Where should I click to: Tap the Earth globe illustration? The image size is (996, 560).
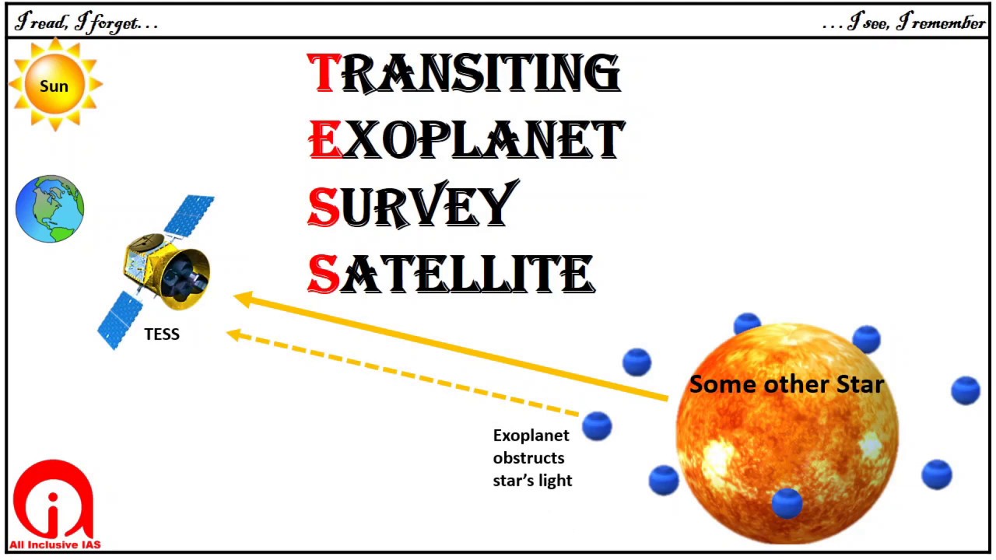click(50, 209)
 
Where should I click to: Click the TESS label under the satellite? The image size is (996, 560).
click(162, 334)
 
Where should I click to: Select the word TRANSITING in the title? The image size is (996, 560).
click(465, 73)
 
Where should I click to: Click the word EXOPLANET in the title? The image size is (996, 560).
click(467, 140)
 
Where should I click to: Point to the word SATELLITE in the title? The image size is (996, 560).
click(451, 274)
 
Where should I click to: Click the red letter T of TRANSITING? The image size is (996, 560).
click(322, 73)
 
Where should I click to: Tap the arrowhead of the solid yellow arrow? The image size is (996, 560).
click(242, 299)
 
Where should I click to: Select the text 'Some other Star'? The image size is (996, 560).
click(787, 384)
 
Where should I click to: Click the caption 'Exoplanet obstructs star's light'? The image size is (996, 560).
click(532, 457)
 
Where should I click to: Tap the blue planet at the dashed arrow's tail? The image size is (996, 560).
click(597, 426)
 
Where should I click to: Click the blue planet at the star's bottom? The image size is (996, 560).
click(787, 502)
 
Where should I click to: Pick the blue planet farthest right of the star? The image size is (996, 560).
click(966, 390)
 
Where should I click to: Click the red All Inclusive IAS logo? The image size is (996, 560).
click(54, 504)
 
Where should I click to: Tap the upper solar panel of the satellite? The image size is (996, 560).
click(189, 215)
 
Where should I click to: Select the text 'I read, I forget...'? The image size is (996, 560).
click(86, 23)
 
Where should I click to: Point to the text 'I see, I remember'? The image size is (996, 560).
click(905, 23)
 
